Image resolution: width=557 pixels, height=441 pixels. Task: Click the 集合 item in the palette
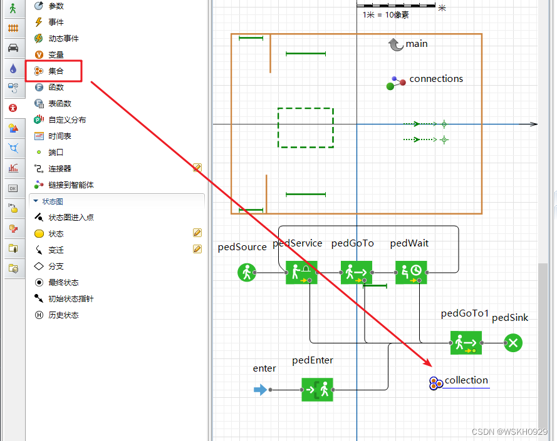[x=56, y=71]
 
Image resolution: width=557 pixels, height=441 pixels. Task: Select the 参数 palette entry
[x=56, y=6]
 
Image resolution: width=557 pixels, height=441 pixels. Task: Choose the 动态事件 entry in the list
[x=63, y=38]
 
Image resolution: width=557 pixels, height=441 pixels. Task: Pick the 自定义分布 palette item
[x=67, y=119]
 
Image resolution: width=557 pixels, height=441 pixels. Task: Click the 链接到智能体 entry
[x=71, y=185]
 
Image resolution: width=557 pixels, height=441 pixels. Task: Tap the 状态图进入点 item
[x=71, y=217]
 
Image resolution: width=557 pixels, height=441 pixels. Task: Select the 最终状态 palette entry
[x=63, y=282]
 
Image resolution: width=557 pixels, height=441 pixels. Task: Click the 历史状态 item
[x=63, y=315]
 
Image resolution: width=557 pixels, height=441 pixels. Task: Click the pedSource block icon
[x=247, y=272]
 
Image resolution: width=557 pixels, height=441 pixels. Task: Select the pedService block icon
[x=301, y=272]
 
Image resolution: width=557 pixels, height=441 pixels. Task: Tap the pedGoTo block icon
[x=357, y=272]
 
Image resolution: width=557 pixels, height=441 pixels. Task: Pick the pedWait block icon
[x=411, y=272]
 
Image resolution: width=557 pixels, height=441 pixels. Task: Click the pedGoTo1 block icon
[x=466, y=343]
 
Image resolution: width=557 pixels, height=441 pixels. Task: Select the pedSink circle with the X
[x=513, y=343]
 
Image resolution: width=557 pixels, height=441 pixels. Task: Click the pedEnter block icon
[x=317, y=389]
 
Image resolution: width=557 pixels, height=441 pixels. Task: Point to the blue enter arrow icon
[x=260, y=390]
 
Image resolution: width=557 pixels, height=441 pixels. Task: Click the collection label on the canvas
[x=466, y=380]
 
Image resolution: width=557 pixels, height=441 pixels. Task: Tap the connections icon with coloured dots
[x=396, y=83]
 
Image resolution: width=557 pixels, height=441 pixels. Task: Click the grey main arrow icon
[x=395, y=44]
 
